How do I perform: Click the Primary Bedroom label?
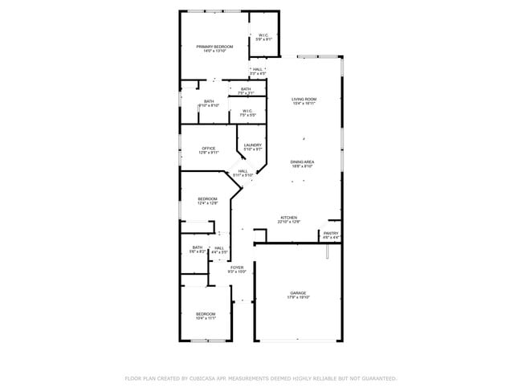214,47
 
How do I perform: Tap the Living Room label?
304,99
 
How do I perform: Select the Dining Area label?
302,161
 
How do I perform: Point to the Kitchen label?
289,217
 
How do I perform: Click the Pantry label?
331,233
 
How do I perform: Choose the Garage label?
298,292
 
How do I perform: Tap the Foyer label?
237,267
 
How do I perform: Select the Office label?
209,148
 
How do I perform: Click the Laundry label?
253,145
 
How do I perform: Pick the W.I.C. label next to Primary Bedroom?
263,35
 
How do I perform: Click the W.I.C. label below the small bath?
247,111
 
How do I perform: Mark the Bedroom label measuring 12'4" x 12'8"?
207,198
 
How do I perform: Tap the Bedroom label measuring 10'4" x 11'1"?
206,313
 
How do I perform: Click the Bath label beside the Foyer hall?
198,247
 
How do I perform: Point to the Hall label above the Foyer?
218,248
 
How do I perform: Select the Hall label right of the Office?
243,170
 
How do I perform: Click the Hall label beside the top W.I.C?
257,69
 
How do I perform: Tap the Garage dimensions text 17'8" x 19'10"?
298,297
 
